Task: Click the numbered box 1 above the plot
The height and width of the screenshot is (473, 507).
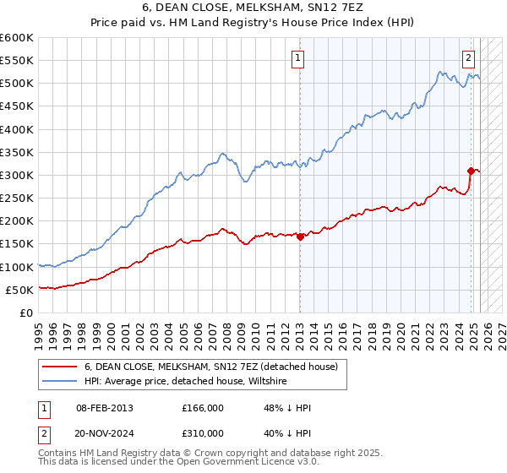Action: pos(299,58)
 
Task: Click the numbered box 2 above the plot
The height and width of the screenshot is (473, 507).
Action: pos(468,58)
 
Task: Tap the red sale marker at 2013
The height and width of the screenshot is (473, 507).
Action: pos(300,236)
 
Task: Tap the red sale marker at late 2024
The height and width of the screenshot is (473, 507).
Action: pos(471,171)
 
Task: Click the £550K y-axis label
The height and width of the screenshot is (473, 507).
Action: pos(17,61)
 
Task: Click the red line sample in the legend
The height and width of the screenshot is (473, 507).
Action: pos(60,367)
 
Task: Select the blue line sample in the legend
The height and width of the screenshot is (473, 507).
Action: pos(60,381)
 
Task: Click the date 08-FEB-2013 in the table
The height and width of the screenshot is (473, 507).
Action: pos(104,408)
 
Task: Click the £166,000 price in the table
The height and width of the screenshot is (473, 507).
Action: pos(203,408)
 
